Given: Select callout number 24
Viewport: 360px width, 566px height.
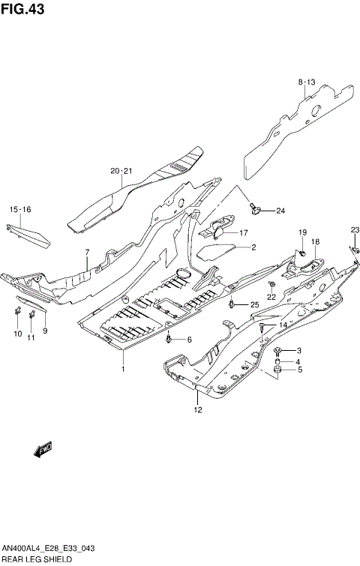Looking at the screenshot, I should click(281, 211).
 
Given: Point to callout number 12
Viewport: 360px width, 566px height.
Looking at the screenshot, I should click(198, 409).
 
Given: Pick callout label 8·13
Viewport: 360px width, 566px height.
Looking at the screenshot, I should click(307, 81).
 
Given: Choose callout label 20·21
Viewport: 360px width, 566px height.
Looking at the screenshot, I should click(121, 171).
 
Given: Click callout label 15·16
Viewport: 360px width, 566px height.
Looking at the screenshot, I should click(20, 209).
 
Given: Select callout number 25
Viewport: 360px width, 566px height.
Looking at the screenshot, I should click(254, 304).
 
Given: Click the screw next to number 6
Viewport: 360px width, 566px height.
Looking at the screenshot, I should click(171, 340).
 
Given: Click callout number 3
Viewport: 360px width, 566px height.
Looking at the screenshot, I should click(298, 351).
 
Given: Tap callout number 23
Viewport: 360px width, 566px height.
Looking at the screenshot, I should click(355, 229).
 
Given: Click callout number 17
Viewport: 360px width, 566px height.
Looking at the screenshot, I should click(244, 232).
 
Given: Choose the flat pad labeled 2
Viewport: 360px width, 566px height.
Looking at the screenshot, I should click(217, 248).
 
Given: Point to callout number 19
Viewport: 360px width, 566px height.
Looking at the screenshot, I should click(303, 232).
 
